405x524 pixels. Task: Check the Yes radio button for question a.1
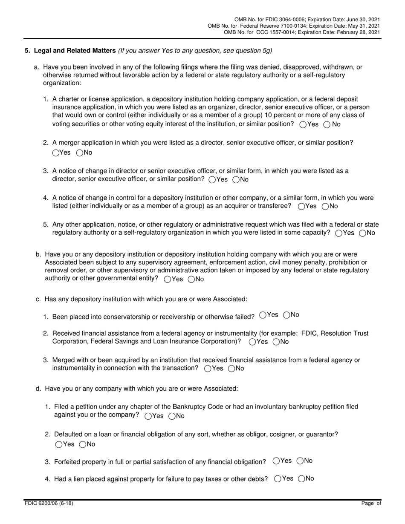pyautogui.click(x=303, y=124)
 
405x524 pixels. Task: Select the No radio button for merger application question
pyautogui.click(x=79, y=153)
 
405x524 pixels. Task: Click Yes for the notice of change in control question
pyautogui.click(x=301, y=206)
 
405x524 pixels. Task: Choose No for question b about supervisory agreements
pyautogui.click(x=191, y=279)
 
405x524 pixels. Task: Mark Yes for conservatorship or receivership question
pyautogui.click(x=263, y=315)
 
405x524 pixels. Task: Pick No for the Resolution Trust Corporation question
pyautogui.click(x=276, y=342)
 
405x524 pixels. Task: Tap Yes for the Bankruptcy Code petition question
pyautogui.click(x=148, y=416)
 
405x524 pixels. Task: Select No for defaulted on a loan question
pyautogui.click(x=82, y=444)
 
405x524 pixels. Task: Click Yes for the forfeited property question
pyautogui.click(x=276, y=461)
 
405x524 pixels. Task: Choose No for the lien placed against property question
pyautogui.click(x=301, y=478)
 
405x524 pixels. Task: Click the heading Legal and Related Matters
pyautogui.click(x=75, y=51)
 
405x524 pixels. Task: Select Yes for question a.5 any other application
pyautogui.click(x=339, y=233)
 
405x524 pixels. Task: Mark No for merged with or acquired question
pyautogui.click(x=231, y=369)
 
